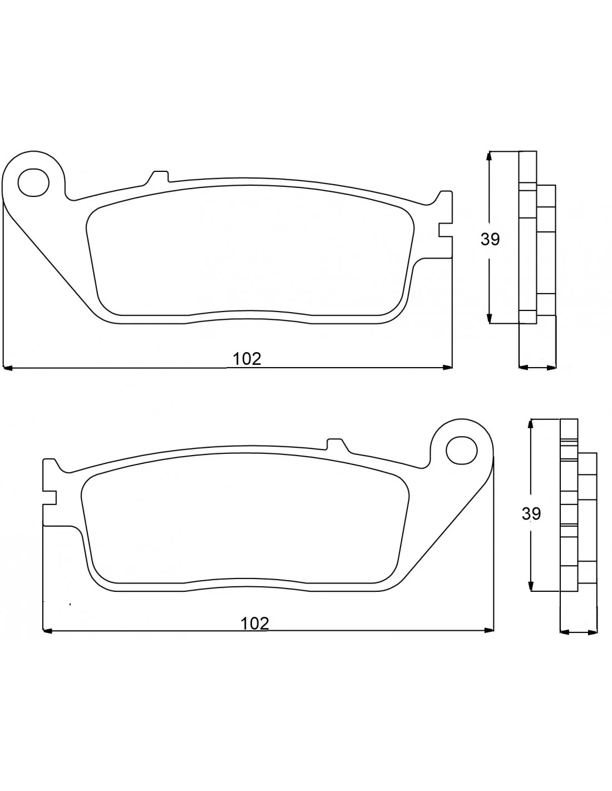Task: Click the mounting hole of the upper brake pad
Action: click(x=33, y=182)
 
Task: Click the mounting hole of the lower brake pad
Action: click(x=462, y=451)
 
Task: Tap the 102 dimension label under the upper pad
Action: click(x=247, y=359)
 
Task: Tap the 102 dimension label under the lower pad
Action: click(x=254, y=624)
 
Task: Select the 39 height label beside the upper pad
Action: click(x=490, y=239)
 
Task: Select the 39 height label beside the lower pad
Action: click(x=531, y=513)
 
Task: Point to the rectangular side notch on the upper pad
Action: click(x=446, y=230)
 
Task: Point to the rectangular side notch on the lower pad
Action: click(x=50, y=498)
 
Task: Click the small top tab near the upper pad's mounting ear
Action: click(x=159, y=176)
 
